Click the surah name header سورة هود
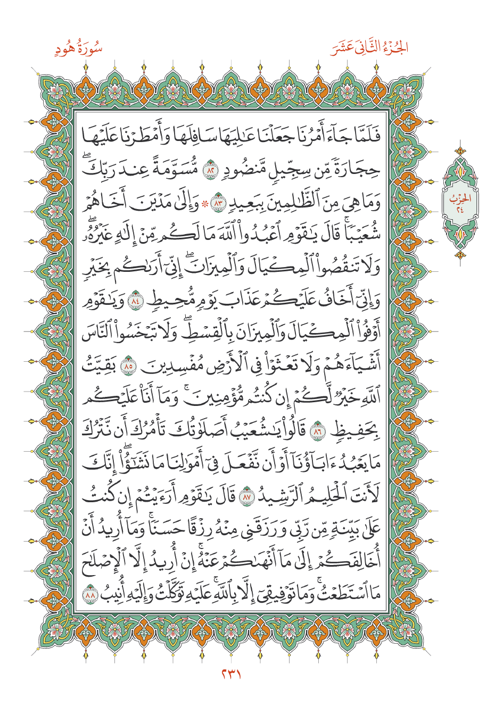pos(78,49)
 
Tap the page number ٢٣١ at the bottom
pos(231,675)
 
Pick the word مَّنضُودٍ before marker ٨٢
pos(240,170)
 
